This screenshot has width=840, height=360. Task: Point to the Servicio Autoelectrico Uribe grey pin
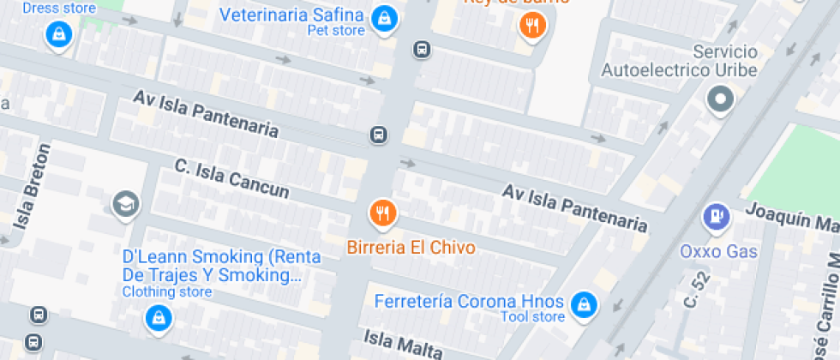(720, 100)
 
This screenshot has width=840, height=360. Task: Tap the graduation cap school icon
(126, 204)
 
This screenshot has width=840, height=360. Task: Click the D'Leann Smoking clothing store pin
(159, 319)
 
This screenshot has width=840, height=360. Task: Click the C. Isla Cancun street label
(231, 178)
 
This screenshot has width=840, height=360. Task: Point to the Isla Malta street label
(403, 343)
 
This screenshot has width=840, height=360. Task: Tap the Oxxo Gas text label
(718, 251)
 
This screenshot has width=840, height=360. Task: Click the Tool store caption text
(533, 318)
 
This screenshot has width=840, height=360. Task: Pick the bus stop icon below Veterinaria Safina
(421, 49)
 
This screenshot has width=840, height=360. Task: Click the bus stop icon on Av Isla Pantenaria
(378, 135)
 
